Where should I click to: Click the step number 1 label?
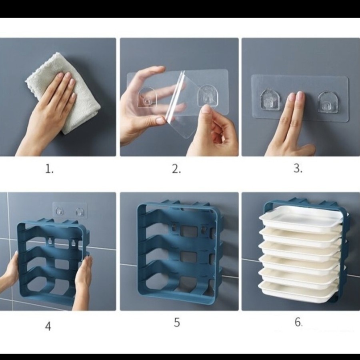tap(49, 170)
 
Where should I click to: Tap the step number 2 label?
tap(176, 169)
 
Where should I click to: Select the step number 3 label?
tap(298, 168)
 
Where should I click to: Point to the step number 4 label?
tap(48, 326)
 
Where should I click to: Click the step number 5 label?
tap(176, 322)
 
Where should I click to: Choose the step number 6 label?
tap(298, 322)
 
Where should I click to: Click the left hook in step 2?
tap(147, 97)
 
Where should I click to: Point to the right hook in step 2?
tap(208, 96)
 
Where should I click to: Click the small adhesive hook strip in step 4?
tap(70, 210)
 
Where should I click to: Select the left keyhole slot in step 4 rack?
tap(49, 240)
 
